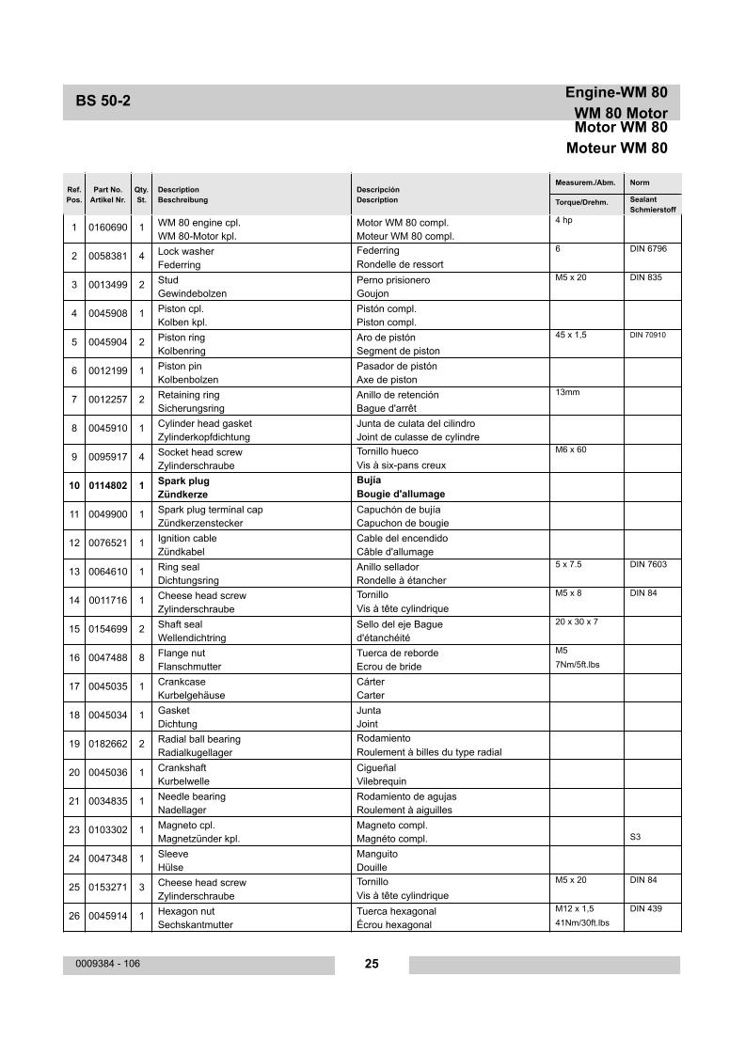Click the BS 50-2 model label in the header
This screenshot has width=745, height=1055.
coord(103,102)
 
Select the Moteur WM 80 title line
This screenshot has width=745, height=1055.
coord(616,148)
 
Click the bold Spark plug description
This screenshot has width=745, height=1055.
coord(183,480)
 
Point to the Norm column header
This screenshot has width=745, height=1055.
coord(640,182)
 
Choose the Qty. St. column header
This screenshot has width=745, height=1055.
coord(141,195)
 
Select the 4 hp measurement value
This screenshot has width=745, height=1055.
coord(563,220)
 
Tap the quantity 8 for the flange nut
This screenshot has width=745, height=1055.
coord(141,659)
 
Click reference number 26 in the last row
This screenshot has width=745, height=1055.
coord(74,917)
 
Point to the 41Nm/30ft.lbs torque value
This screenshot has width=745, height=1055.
coord(582,923)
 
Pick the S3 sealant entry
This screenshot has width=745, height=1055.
coord(635,836)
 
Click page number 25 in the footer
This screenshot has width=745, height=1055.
coord(372,964)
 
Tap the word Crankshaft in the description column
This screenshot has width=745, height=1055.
coord(182,767)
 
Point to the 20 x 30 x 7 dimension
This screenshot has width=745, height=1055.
coord(577,622)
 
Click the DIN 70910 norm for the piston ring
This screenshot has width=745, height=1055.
coord(647,335)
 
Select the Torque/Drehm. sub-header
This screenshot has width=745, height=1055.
coord(581,203)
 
